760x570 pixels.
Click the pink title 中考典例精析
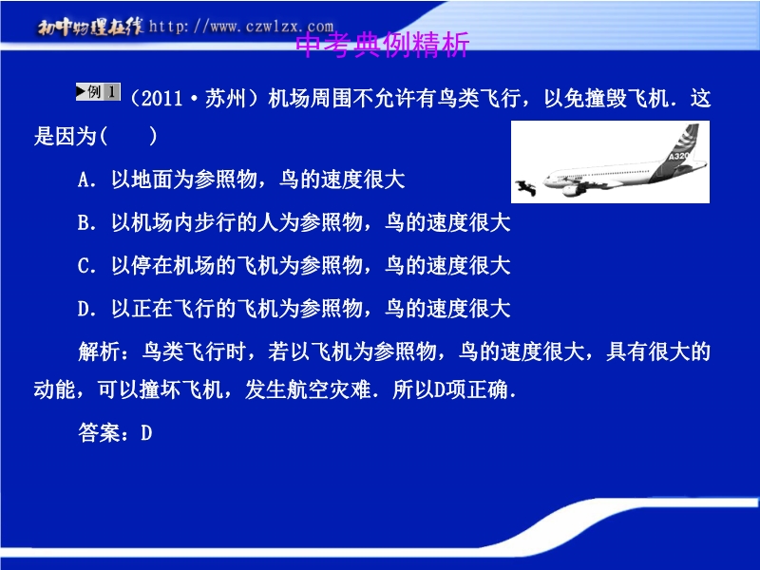pyautogui.click(x=383, y=46)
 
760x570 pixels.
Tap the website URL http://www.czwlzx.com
pyautogui.click(x=241, y=26)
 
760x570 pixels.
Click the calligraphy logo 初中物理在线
pyautogui.click(x=90, y=27)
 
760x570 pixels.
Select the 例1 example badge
pyautogui.click(x=98, y=91)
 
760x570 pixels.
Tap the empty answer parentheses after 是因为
pyautogui.click(x=128, y=136)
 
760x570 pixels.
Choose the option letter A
pyautogui.click(x=84, y=180)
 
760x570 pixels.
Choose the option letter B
pyautogui.click(x=84, y=223)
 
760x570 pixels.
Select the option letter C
pyautogui.click(x=84, y=266)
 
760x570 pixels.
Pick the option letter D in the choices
pyautogui.click(x=84, y=309)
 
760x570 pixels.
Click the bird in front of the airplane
pyautogui.click(x=526, y=187)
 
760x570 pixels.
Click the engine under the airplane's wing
pyautogui.click(x=574, y=189)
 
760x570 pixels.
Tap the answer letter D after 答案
pyautogui.click(x=146, y=433)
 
